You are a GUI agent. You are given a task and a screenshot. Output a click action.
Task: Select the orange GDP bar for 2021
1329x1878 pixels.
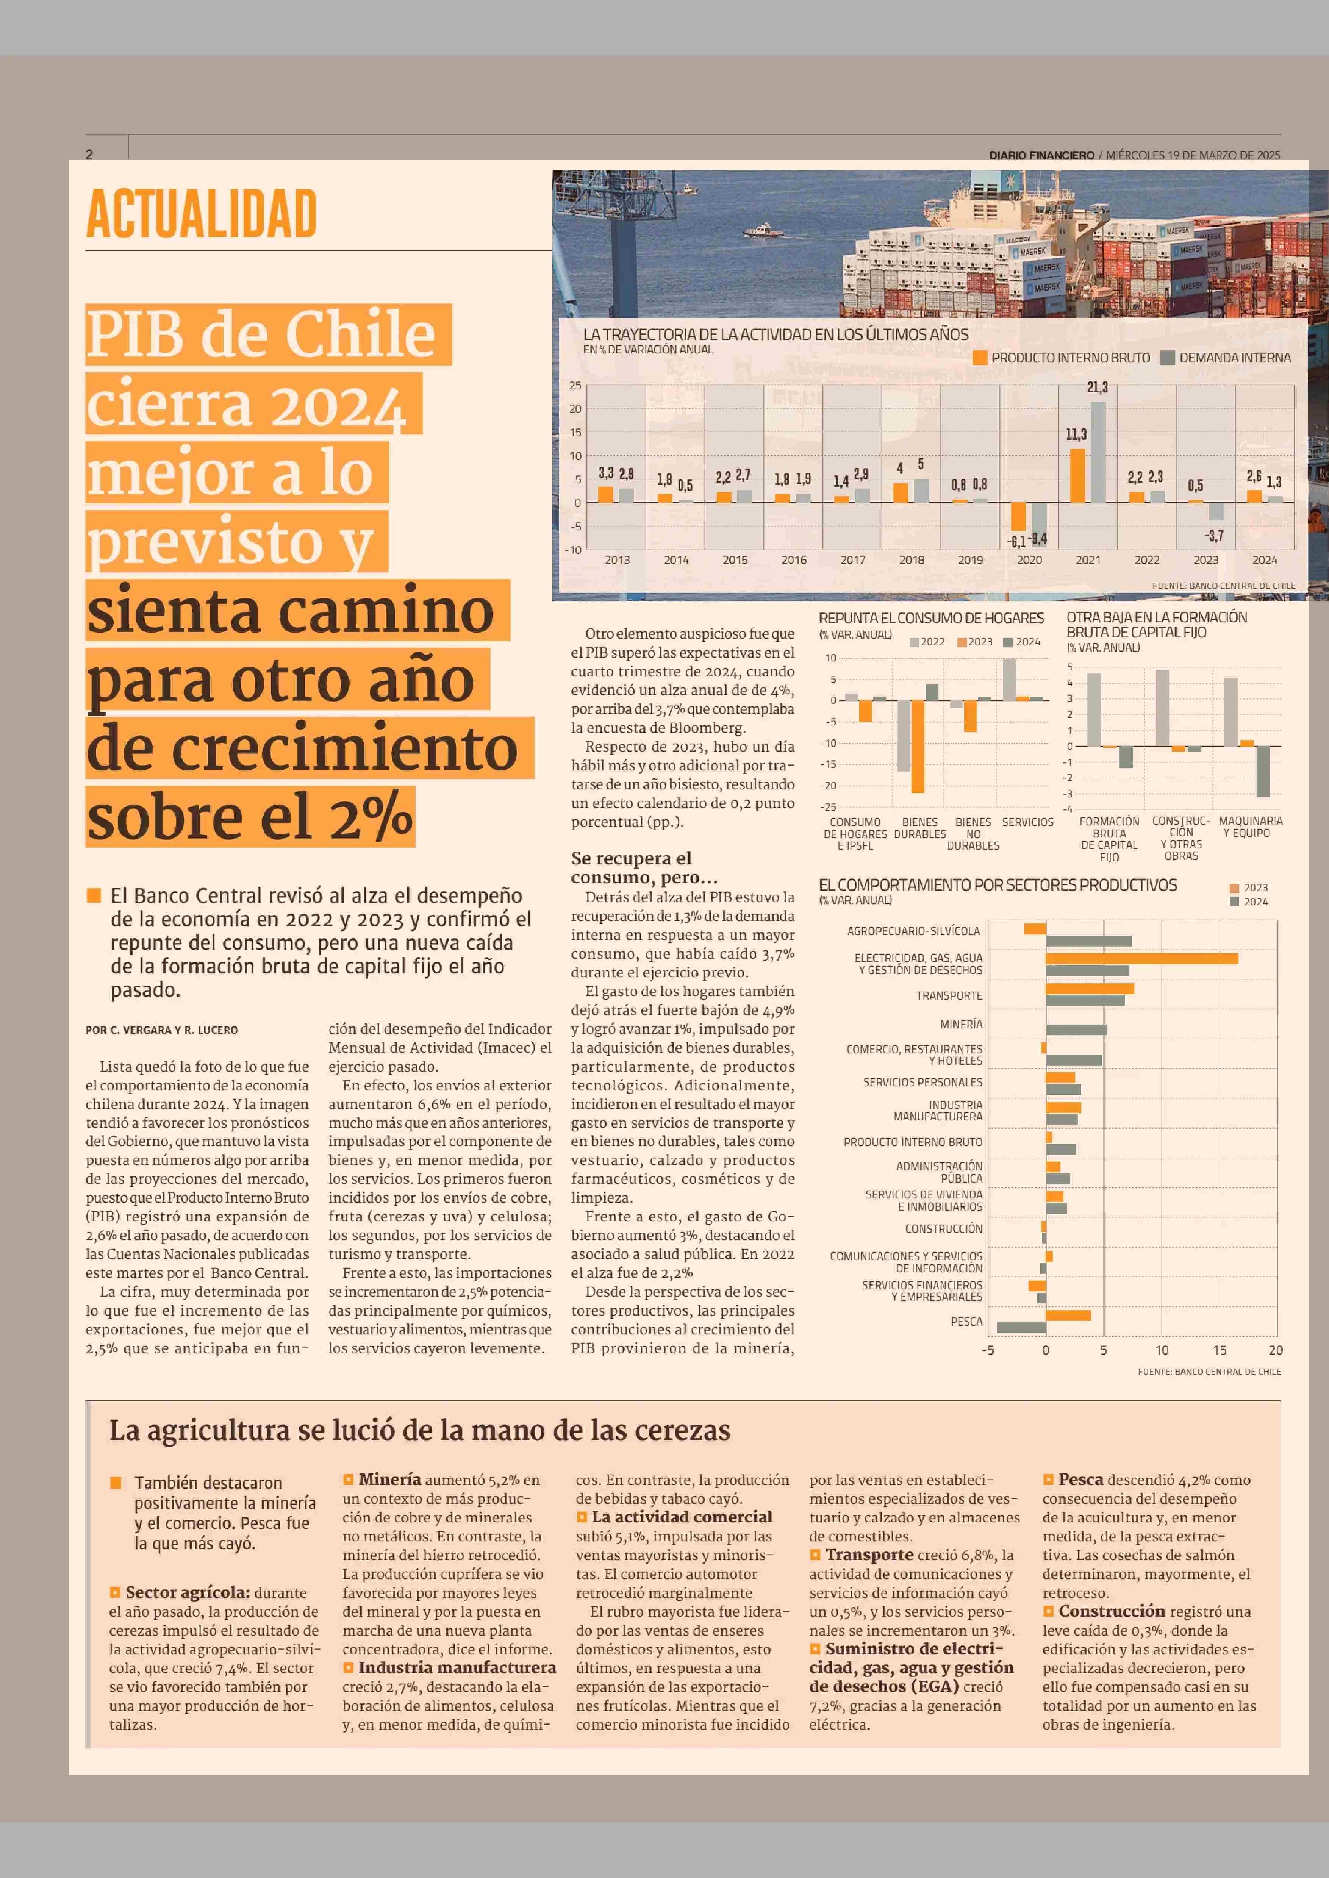(x=1078, y=475)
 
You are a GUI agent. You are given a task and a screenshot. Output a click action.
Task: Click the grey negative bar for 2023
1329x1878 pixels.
(x=1216, y=511)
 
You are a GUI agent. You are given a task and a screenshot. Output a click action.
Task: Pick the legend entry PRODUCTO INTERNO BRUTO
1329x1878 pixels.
(x=1062, y=358)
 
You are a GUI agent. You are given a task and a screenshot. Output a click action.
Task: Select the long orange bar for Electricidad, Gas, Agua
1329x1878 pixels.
(x=1141, y=958)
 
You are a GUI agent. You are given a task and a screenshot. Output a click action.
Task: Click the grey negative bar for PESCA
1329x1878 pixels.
(x=1021, y=1327)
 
